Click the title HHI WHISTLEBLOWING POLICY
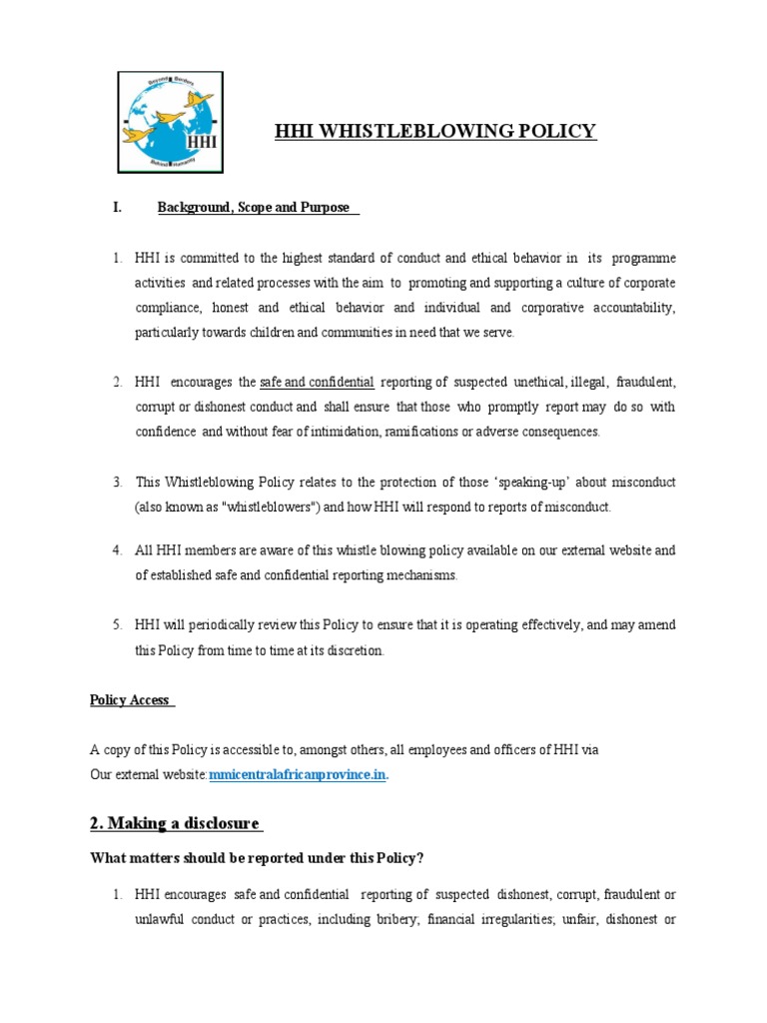[x=434, y=131]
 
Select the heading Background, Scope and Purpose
[x=254, y=208]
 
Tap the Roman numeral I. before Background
[x=117, y=208]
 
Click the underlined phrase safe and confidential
[x=317, y=383]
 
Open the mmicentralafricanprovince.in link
[x=298, y=775]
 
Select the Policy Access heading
[x=131, y=700]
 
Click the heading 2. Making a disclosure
[x=175, y=823]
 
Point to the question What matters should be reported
[x=259, y=858]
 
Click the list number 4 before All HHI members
[x=117, y=550]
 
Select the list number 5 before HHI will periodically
[x=117, y=625]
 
